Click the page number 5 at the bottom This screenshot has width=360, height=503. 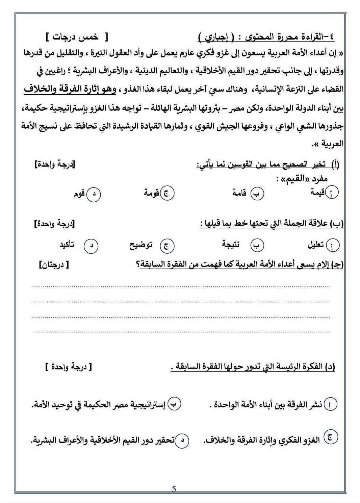[x=174, y=489]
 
